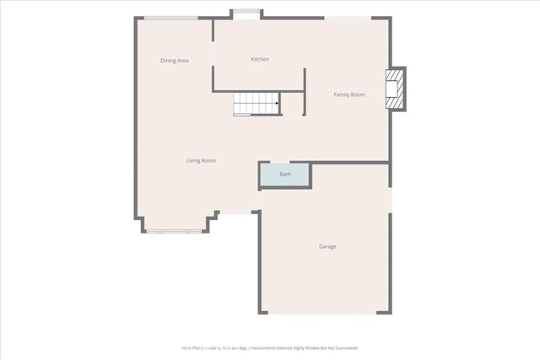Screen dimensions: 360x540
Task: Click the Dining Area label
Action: pos(175,61)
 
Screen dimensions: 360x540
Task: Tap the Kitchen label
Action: pos(260,59)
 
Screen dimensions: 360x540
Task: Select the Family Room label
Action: pos(348,95)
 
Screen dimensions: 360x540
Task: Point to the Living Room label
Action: pos(202,160)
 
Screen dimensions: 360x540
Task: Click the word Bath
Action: pos(285,175)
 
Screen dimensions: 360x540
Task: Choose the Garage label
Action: pos(327,246)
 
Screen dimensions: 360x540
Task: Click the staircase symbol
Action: pos(256,105)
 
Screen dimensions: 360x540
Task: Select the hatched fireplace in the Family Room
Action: pos(394,89)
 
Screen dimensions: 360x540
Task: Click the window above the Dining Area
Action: pos(171,18)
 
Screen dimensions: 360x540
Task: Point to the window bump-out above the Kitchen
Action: pos(246,13)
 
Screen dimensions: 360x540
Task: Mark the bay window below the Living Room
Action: pos(173,230)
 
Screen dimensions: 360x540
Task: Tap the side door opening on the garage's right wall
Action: pos(391,200)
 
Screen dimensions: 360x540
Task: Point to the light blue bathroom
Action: pos(285,175)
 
